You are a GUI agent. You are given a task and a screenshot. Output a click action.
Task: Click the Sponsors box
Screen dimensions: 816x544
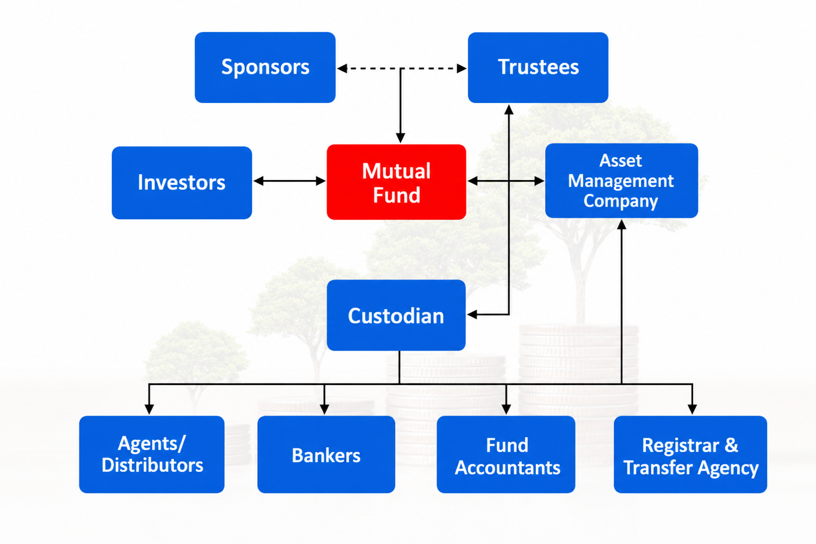[265, 67]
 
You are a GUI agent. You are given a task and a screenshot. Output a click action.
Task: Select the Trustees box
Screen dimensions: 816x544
[538, 67]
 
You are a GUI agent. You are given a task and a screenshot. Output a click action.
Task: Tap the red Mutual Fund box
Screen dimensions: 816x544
[397, 182]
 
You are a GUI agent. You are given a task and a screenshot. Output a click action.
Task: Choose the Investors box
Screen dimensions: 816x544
[182, 182]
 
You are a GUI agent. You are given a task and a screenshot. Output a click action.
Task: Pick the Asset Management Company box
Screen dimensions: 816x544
[621, 181]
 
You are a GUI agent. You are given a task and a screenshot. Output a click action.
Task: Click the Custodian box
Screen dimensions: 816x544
[396, 316]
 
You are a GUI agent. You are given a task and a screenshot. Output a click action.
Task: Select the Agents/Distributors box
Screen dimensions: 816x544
[152, 454]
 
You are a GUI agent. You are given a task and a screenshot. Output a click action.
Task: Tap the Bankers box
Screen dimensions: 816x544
[326, 454]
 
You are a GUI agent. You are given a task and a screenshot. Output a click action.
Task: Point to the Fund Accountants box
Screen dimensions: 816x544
[506, 454]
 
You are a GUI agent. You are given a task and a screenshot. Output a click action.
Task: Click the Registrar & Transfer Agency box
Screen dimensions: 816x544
[691, 454]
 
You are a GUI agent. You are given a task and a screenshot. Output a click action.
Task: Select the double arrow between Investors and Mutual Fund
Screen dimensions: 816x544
[290, 181]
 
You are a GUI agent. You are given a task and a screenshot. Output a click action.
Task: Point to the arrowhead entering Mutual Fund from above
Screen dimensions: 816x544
[400, 138]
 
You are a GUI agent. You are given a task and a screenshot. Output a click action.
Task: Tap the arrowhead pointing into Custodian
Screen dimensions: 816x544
[472, 314]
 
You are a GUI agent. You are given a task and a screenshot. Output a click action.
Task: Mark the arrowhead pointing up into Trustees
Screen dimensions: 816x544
[509, 109]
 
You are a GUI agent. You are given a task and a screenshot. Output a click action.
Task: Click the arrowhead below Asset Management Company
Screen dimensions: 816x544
[621, 225]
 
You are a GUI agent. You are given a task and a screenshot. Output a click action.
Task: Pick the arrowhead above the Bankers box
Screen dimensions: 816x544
[324, 409]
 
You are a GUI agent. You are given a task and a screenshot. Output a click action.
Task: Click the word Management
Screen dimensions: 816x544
[621, 182]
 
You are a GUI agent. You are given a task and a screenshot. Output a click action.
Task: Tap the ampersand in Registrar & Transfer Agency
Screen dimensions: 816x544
[731, 445]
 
